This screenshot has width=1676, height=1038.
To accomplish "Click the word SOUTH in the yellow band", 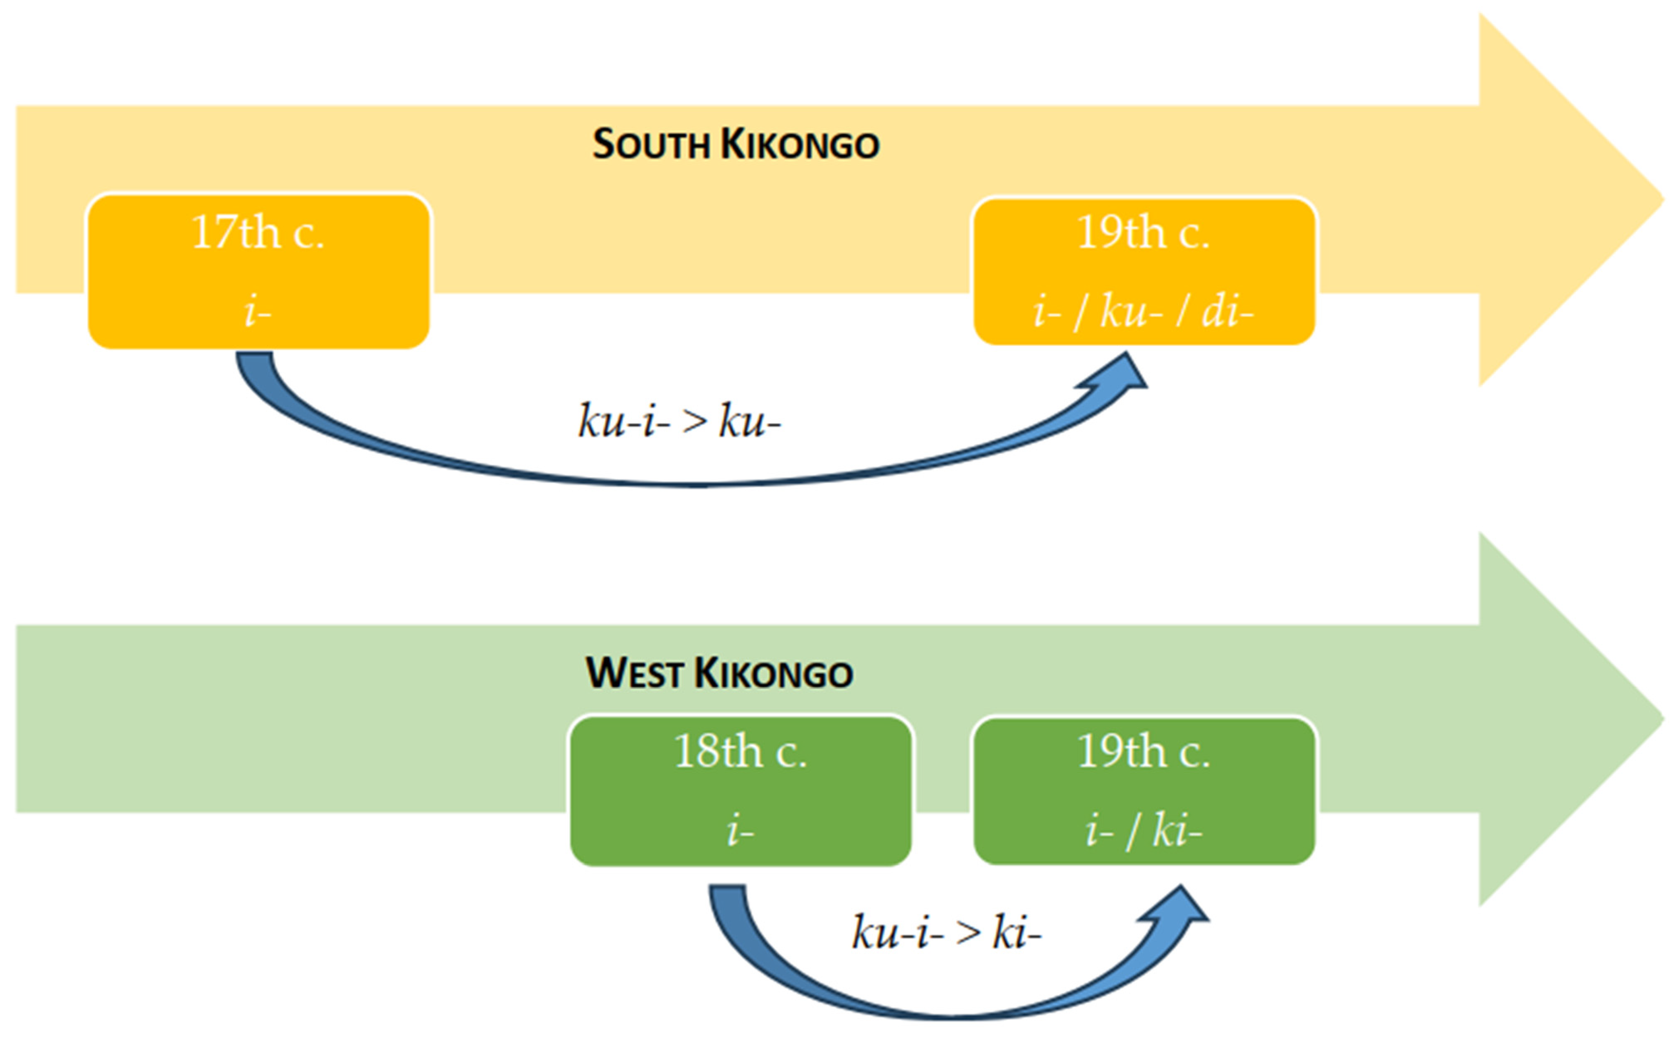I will point(650,145).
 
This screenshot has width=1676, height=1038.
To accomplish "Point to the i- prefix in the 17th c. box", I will point(258,312).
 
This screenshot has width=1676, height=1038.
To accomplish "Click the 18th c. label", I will point(741,752).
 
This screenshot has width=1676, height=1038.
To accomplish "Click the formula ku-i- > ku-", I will point(679,421).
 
